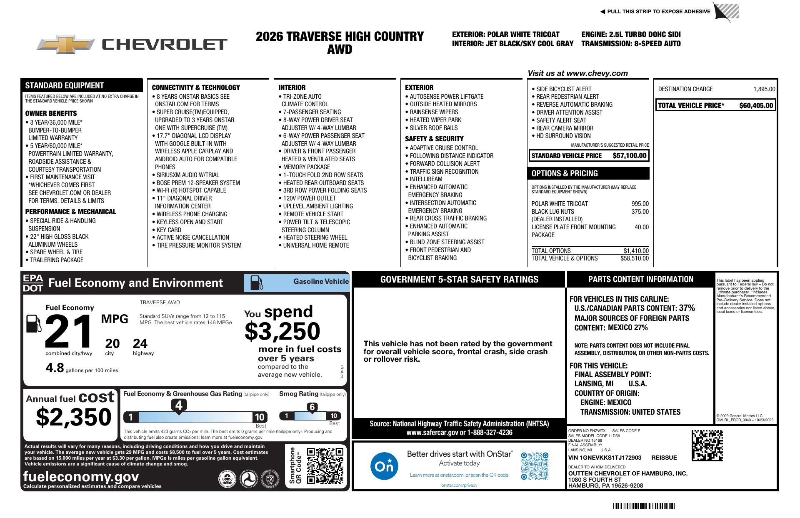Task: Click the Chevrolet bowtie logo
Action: click(66, 44)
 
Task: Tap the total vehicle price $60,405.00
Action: click(756, 105)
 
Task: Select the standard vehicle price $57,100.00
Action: click(629, 156)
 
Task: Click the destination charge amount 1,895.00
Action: click(764, 89)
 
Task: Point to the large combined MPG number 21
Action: click(69, 331)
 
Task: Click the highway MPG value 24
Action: click(140, 344)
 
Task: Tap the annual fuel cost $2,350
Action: click(74, 417)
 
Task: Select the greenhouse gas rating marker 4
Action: click(179, 405)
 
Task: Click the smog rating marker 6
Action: click(312, 407)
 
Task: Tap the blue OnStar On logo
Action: click(384, 465)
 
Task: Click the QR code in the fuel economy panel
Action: click(325, 465)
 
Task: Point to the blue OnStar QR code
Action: click(535, 465)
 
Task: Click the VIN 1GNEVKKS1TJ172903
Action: click(605, 458)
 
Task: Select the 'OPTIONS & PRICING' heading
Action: click(565, 173)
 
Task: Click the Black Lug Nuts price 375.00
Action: click(640, 212)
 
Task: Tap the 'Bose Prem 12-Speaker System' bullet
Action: click(198, 183)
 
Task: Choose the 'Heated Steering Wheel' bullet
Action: click(315, 238)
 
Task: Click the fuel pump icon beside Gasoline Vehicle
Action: click(256, 283)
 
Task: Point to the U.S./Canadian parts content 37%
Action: click(687, 308)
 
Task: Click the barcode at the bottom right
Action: click(643, 506)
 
